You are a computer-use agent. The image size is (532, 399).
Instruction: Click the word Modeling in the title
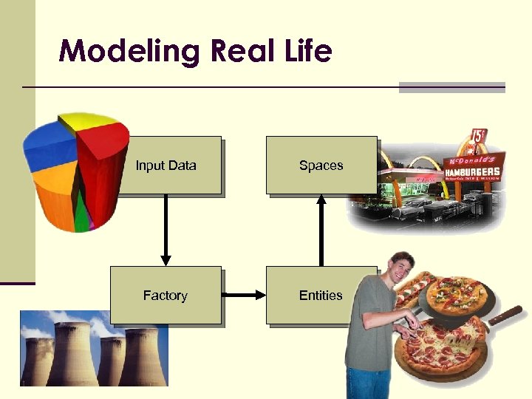pos(129,52)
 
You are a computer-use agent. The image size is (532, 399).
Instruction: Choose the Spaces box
pos(321,165)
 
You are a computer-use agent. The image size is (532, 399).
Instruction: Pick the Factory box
pos(165,295)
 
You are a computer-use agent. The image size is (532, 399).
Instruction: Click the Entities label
pos(320,295)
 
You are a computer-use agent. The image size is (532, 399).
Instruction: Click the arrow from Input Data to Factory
pos(166,229)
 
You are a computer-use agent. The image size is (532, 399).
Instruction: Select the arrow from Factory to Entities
pos(244,296)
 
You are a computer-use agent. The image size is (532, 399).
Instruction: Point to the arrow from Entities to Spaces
pos(321,229)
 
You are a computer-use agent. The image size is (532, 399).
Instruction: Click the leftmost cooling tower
pos(37,358)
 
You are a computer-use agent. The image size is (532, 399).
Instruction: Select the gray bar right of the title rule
pos(451,87)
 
